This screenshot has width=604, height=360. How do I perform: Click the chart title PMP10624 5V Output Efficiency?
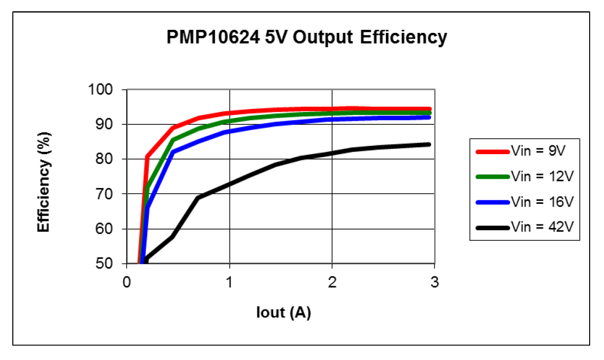click(307, 37)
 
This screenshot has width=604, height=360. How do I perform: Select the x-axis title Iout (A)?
click(283, 312)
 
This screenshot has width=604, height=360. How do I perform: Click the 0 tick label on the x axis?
click(127, 282)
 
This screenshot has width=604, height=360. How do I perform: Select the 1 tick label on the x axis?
click(229, 282)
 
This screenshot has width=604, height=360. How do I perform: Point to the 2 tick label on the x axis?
click(332, 282)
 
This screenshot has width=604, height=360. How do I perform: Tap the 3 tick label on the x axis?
click(435, 282)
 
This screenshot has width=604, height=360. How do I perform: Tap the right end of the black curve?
click(428, 144)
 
